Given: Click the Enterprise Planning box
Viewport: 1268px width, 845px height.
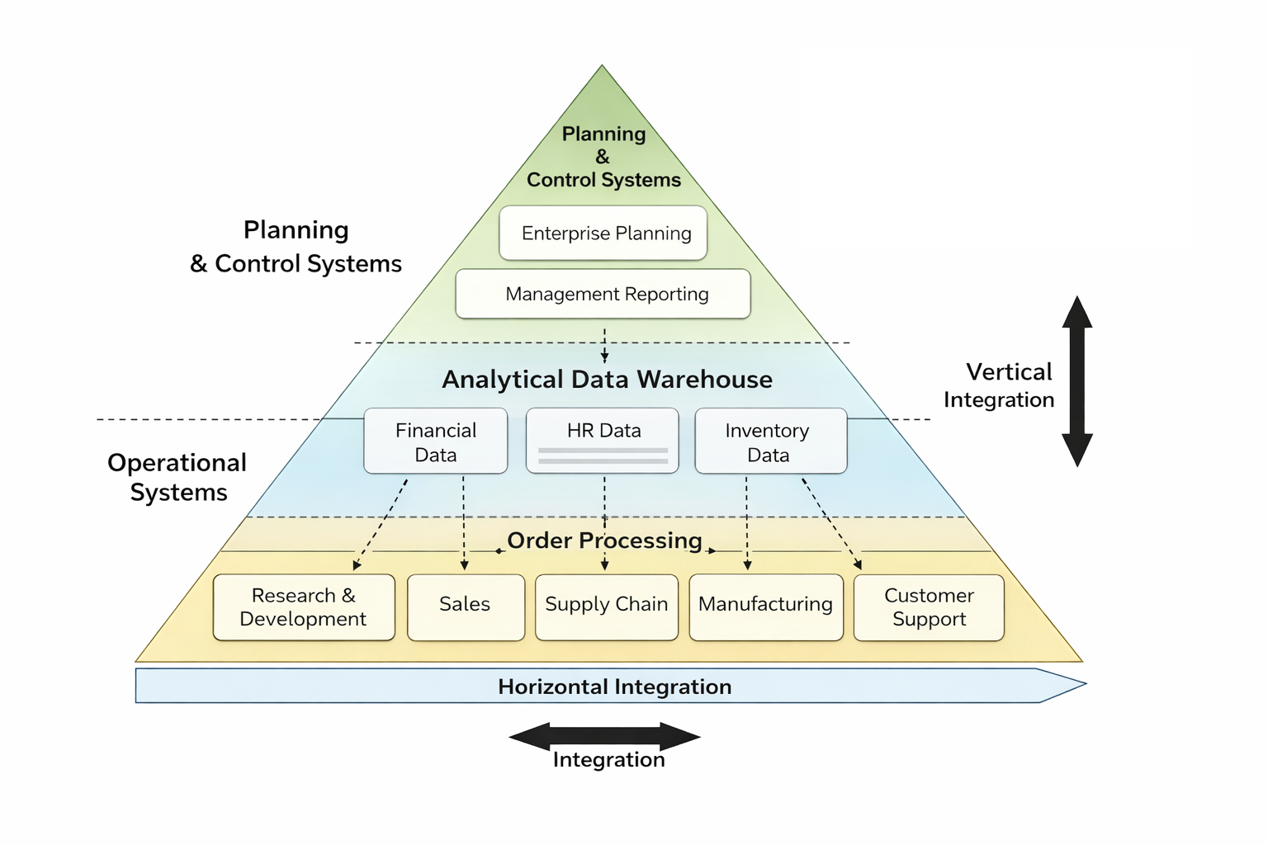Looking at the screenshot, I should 603,234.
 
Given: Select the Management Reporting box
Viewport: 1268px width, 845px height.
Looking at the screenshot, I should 603,294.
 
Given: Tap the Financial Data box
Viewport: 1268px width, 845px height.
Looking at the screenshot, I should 436,441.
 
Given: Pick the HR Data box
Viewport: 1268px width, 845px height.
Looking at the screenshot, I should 603,441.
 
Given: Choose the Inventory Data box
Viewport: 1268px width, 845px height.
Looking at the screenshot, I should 771,441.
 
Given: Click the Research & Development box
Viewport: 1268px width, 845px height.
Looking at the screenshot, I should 304,607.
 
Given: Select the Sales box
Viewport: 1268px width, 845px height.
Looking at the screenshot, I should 466,607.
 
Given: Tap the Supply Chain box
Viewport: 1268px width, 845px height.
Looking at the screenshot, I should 607,607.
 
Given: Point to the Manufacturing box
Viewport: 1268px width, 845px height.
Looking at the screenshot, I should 766,607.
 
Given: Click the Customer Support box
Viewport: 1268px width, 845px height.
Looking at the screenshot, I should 929,607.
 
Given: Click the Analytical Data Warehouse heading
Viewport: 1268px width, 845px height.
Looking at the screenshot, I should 607,380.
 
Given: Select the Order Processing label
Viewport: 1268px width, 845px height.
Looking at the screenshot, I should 604,541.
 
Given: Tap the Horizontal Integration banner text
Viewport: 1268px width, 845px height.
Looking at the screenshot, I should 614,687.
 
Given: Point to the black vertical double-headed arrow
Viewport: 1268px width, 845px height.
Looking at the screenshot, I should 1077,381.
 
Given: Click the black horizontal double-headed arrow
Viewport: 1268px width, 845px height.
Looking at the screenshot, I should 605,736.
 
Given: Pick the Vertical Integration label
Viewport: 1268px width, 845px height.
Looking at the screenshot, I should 1000,385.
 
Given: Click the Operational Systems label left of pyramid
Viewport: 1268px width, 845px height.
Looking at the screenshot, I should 177,477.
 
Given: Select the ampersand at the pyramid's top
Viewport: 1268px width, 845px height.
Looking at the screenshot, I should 603,157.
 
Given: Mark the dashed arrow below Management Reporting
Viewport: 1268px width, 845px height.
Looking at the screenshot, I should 605,344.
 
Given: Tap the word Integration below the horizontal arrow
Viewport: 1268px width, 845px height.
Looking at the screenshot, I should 608,760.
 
